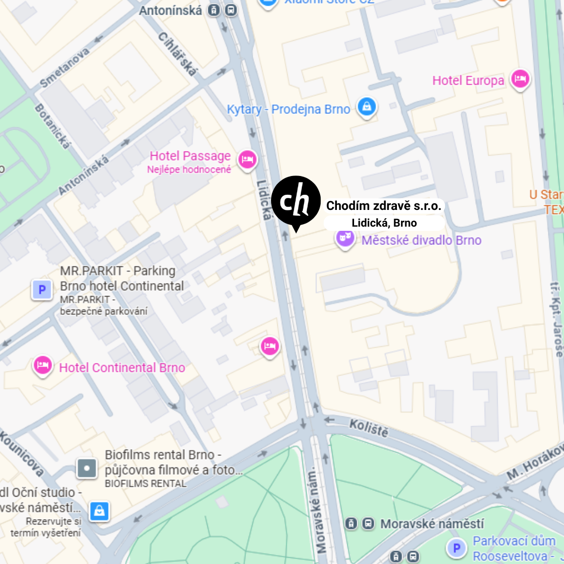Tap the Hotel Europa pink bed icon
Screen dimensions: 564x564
pyautogui.click(x=520, y=79)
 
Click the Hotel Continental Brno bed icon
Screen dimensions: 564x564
pyautogui.click(x=42, y=366)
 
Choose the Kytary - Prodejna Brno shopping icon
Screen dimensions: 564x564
pyautogui.click(x=367, y=108)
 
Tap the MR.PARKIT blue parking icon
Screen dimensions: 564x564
pyautogui.click(x=42, y=289)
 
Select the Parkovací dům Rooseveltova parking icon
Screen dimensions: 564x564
pyautogui.click(x=456, y=548)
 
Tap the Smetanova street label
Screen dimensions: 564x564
pyautogui.click(x=64, y=67)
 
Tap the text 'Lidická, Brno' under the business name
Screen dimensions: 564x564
pyautogui.click(x=384, y=223)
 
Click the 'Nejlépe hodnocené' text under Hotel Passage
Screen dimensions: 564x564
pyautogui.click(x=189, y=170)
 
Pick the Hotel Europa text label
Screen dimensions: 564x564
pyautogui.click(x=468, y=80)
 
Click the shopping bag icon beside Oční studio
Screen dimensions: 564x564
pyautogui.click(x=99, y=510)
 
